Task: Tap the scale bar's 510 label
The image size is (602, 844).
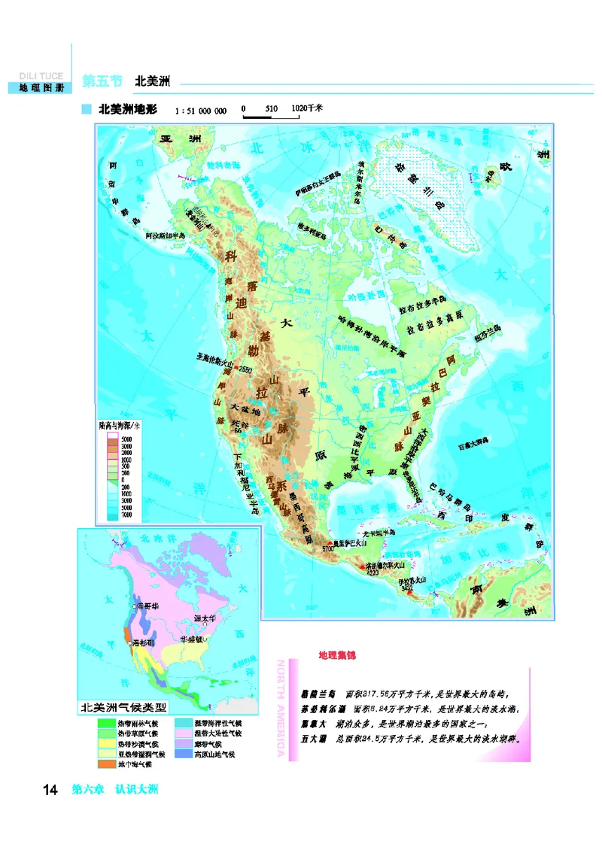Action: point(271,109)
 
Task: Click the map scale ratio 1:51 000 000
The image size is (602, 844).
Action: point(200,111)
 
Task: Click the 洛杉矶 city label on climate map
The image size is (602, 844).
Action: point(144,645)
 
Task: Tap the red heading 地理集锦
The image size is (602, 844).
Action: point(336,656)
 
